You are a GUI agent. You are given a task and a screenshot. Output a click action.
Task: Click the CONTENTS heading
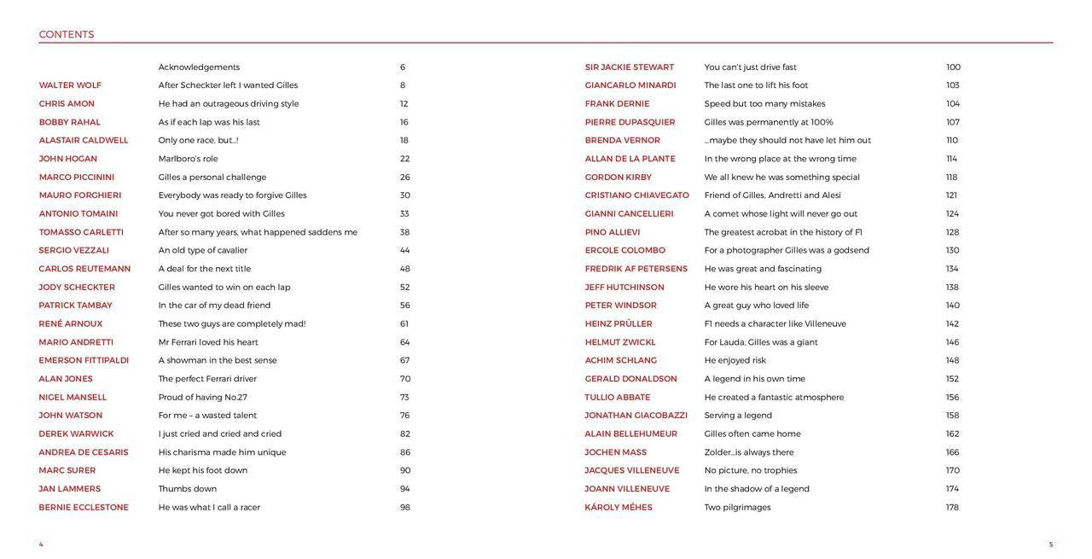[67, 35]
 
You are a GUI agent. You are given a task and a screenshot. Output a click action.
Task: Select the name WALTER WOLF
[70, 85]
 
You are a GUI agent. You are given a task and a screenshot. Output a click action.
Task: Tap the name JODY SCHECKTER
[77, 288]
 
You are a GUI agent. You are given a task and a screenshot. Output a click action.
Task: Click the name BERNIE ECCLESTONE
[84, 508]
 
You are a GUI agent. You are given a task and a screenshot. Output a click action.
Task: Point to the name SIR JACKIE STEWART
[630, 67]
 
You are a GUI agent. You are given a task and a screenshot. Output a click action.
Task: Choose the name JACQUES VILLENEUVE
[632, 471]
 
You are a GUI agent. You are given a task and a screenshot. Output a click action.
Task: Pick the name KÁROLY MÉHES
[619, 508]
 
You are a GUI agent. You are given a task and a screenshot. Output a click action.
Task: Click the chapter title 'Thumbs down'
[188, 489]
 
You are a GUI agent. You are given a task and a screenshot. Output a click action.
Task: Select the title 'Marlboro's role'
[188, 159]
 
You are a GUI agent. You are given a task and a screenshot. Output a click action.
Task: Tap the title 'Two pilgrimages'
[737, 508]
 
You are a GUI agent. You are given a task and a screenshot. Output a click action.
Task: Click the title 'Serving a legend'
[738, 416]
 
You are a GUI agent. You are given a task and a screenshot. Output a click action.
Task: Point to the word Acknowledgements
[199, 67]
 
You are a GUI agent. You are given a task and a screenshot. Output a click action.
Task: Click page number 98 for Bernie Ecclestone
[405, 508]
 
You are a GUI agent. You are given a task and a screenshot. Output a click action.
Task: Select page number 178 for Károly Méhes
[952, 508]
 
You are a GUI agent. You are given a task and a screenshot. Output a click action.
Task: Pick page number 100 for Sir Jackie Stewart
[953, 67]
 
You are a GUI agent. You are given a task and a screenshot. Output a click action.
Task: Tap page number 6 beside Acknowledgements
[403, 67]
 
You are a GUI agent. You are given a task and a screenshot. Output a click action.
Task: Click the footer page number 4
[41, 544]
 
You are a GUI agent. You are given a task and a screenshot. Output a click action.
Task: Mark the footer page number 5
[1051, 544]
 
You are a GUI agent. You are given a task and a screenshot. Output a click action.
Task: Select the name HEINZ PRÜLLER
[619, 324]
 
